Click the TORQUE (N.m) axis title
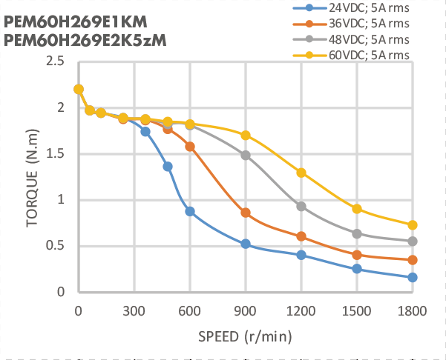click(x=32, y=177)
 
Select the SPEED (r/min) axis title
click(x=244, y=336)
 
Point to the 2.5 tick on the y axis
click(x=54, y=61)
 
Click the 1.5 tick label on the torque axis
click(x=54, y=154)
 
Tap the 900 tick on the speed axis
click(x=246, y=310)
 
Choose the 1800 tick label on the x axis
click(x=412, y=310)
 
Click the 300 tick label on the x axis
click(x=134, y=310)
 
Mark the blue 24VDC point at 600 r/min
click(x=190, y=211)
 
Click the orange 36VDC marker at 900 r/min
click(x=246, y=213)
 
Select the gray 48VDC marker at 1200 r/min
click(x=301, y=206)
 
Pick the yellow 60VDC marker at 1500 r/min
click(x=357, y=209)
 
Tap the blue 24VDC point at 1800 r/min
click(x=413, y=277)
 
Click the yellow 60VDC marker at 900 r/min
click(x=246, y=135)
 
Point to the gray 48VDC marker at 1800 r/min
click(x=413, y=241)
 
